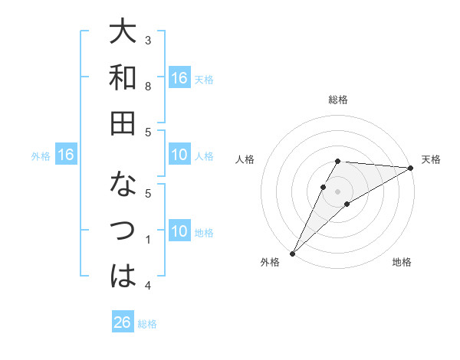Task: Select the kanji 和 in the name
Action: (123, 79)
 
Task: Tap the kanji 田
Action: (123, 123)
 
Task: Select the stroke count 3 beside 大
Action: (148, 39)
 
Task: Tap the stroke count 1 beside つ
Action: (148, 241)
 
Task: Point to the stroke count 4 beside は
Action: (148, 286)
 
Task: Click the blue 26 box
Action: (123, 322)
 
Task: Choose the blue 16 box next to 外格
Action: (66, 155)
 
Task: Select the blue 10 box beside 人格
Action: (179, 155)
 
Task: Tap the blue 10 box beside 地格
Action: (179, 231)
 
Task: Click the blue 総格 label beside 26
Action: (147, 324)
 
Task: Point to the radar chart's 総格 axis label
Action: (337, 100)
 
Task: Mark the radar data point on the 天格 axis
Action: (410, 168)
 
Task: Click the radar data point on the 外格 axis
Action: (292, 253)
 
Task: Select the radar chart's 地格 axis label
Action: (402, 263)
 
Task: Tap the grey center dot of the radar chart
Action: (337, 191)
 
